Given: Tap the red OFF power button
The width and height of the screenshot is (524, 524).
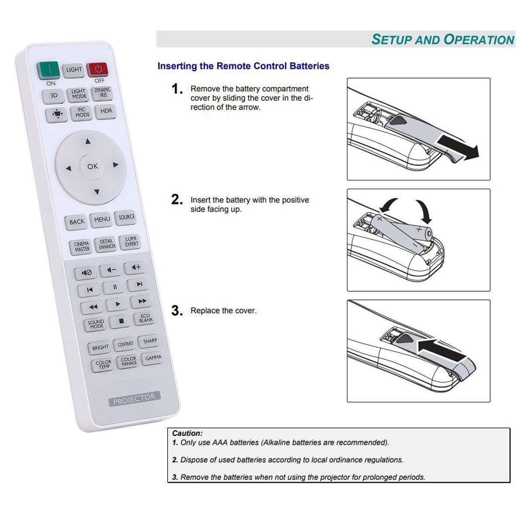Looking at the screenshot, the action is tap(98, 69).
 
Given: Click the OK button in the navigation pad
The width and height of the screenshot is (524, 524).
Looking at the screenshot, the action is tap(92, 166).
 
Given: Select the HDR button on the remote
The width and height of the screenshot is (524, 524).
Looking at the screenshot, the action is tap(106, 111).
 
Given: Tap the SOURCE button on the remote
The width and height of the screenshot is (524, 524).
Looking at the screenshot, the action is tap(126, 217).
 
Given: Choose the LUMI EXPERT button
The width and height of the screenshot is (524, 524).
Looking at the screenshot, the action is tap(131, 242).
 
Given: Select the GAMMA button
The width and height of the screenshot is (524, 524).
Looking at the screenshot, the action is tap(153, 358).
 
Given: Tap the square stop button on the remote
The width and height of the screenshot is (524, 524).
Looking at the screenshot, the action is tap(121, 321).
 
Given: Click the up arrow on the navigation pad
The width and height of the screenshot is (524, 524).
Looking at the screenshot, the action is tap(88, 141).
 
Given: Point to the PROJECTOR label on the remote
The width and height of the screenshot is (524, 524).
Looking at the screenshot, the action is tap(134, 399).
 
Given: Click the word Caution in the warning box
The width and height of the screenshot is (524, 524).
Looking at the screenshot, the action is tap(187, 433).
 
